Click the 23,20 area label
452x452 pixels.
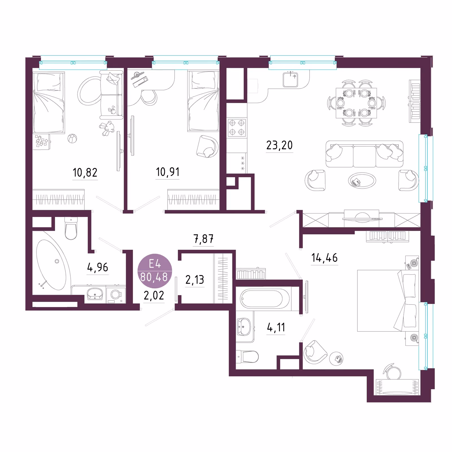(279, 145)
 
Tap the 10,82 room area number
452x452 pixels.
(85, 172)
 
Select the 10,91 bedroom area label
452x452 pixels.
(168, 172)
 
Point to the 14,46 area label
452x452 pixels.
(324, 258)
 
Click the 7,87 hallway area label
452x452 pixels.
(203, 239)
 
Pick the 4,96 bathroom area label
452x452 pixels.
(98, 267)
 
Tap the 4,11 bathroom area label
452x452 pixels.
(276, 327)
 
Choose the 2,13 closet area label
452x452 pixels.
(195, 280)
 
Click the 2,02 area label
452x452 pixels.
(154, 295)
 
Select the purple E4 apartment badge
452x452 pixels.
(155, 271)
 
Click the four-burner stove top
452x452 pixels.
(237, 128)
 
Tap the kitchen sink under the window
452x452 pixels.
(290, 79)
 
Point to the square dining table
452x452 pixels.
(356, 103)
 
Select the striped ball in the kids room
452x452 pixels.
(72, 139)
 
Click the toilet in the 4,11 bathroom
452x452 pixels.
(247, 357)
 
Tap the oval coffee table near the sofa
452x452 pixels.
(362, 180)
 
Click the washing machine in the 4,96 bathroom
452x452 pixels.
(116, 295)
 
